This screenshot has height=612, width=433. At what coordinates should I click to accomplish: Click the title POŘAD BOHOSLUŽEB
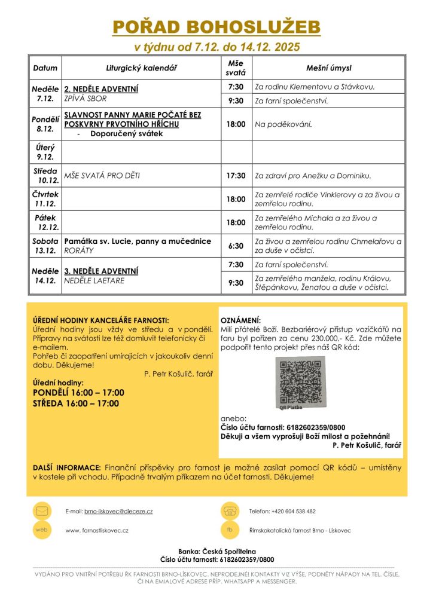click(216, 27)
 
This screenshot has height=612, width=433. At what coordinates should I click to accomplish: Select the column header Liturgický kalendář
click(142, 68)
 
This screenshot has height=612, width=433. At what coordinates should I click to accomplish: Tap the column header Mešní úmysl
click(328, 68)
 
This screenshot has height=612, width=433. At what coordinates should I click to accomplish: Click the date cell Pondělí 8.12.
click(45, 124)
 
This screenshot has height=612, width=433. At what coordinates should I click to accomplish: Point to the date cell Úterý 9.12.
click(45, 152)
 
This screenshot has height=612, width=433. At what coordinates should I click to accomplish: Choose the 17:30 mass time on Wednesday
click(236, 176)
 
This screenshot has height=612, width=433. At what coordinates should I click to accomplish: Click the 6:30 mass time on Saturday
click(236, 246)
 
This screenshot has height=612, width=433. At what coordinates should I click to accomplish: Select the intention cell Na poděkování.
click(283, 124)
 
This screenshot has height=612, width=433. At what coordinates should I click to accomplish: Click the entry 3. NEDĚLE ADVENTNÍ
click(102, 270)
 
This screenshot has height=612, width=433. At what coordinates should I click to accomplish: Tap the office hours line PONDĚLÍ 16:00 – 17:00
click(78, 393)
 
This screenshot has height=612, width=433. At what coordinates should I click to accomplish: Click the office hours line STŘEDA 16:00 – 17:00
click(76, 403)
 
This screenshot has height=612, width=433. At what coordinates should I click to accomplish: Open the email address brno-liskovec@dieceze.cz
click(118, 512)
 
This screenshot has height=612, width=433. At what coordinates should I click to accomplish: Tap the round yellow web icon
click(41, 530)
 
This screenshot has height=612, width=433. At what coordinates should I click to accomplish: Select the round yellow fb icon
click(230, 530)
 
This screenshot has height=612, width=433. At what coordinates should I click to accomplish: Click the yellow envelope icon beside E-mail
click(41, 511)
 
